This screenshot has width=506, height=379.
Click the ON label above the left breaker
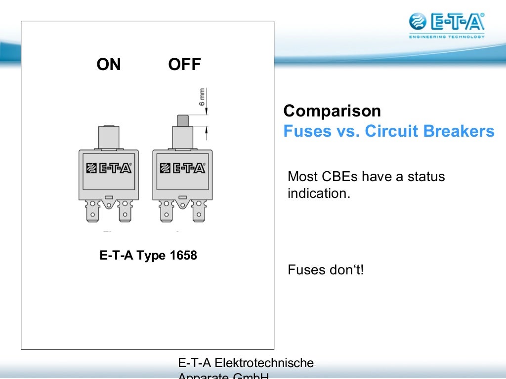(109, 65)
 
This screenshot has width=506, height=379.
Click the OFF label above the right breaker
(184, 65)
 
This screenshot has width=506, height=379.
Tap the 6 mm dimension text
(202, 97)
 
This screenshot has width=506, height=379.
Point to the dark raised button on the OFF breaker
(182, 120)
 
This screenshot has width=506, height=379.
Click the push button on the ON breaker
(109, 137)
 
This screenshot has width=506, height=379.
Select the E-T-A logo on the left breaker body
(109, 168)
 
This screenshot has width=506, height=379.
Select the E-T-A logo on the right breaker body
(182, 168)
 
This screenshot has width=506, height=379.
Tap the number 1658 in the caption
(183, 256)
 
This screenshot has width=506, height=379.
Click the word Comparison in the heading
(332, 111)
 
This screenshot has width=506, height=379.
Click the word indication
(319, 193)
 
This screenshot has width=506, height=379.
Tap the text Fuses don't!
(326, 270)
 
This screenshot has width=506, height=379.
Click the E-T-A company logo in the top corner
(447, 22)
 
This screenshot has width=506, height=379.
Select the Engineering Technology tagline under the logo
(447, 37)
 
